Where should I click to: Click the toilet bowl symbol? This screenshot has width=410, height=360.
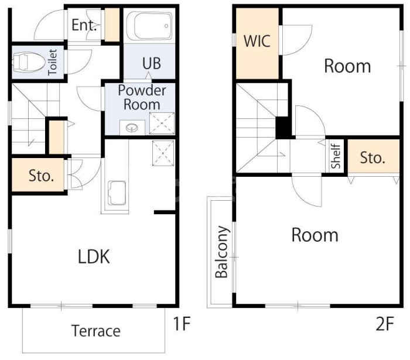click(x=29, y=62)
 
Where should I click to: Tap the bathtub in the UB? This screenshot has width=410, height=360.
click(x=149, y=26)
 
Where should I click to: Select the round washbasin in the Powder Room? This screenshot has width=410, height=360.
click(x=132, y=128)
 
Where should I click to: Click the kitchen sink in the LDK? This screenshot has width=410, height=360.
click(x=117, y=193)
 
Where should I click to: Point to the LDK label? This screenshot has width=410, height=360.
click(x=94, y=256)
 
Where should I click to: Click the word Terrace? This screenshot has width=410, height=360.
click(x=96, y=331)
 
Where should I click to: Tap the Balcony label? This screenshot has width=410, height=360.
click(x=222, y=252)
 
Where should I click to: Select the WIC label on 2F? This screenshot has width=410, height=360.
click(x=257, y=41)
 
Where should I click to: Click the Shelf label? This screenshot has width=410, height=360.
click(x=336, y=156)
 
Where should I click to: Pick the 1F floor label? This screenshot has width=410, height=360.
click(x=182, y=324)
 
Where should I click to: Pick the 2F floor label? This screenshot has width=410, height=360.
click(x=385, y=324)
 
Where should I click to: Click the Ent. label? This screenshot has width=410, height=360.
click(x=84, y=25)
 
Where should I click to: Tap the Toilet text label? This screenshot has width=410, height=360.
click(x=52, y=62)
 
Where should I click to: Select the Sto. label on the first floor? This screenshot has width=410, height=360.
click(x=42, y=176)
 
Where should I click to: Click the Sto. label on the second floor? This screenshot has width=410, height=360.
click(x=373, y=158)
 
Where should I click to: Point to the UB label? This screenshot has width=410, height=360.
click(x=152, y=63)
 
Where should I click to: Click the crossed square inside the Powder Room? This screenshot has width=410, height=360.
click(x=162, y=124)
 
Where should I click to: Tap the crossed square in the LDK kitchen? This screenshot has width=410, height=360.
click(x=163, y=153)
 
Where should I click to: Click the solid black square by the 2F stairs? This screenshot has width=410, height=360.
click(x=283, y=128)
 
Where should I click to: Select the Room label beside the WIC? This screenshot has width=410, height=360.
click(x=347, y=66)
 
